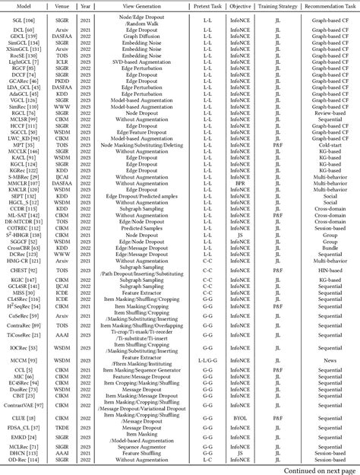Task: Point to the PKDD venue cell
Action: click(60, 81)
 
